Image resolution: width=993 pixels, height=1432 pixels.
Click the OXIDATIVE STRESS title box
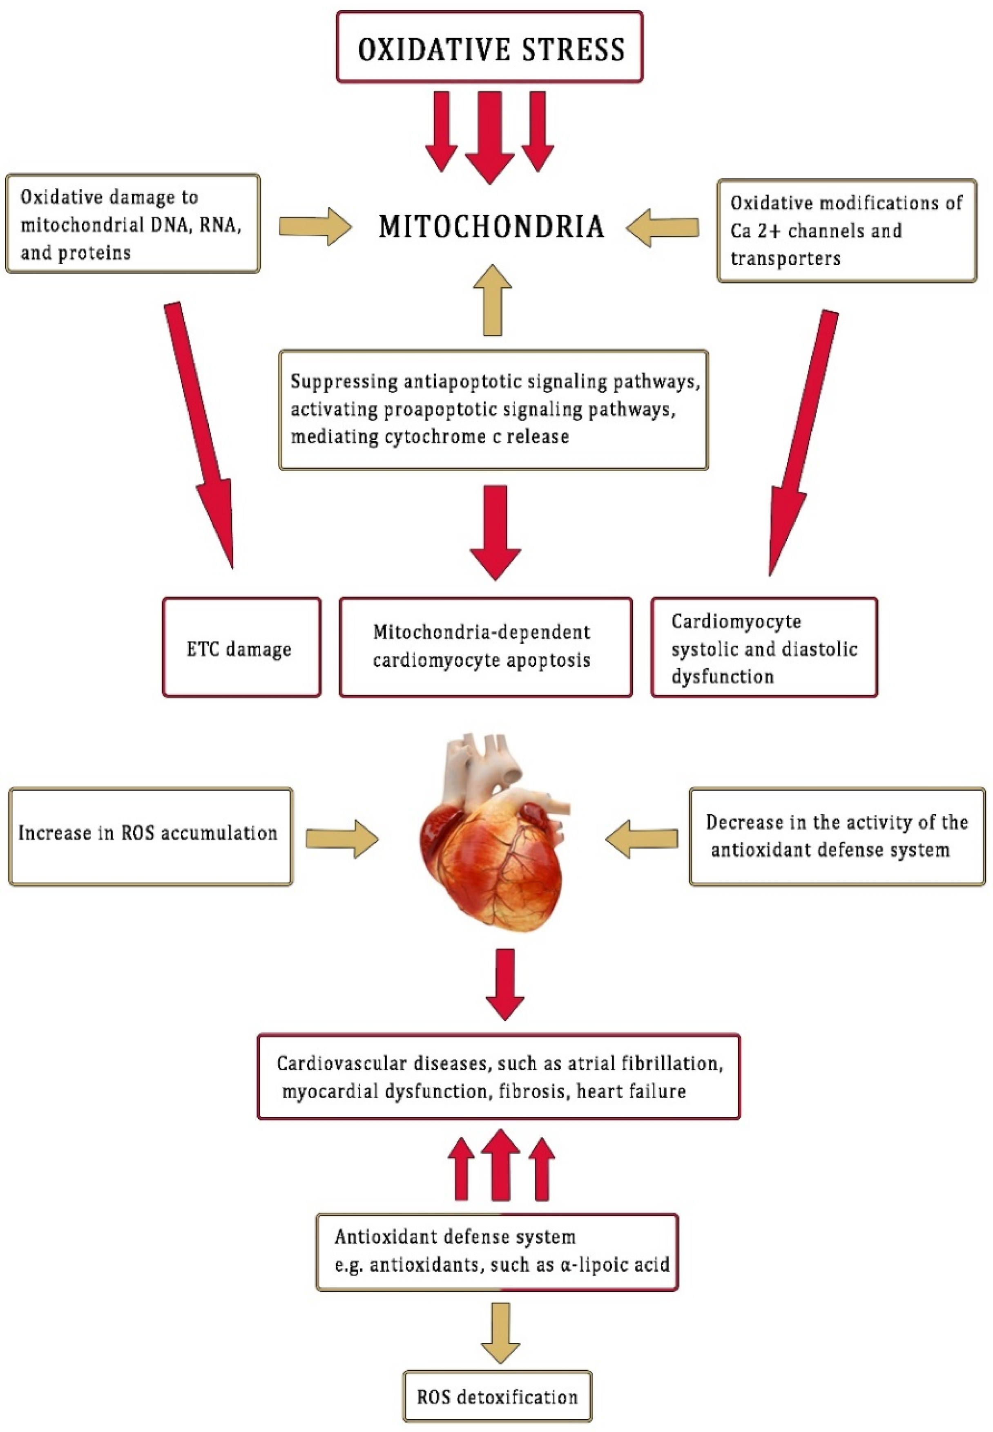point(490,48)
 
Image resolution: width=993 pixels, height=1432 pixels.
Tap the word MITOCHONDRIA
point(491,226)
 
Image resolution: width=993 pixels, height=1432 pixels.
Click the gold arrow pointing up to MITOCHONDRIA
point(492,301)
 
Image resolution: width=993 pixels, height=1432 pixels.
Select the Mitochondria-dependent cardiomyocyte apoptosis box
point(485,647)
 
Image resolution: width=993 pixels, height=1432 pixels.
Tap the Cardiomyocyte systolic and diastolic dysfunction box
point(764,647)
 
